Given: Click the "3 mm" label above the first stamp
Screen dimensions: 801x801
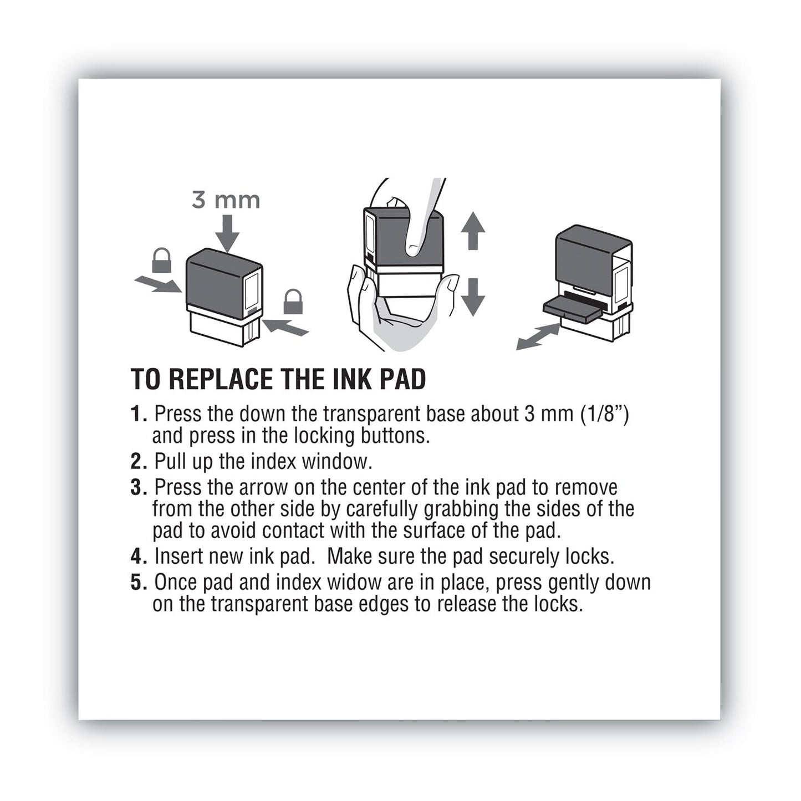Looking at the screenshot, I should tap(226, 200).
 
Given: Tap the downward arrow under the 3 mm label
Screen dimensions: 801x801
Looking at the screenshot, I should tap(227, 233).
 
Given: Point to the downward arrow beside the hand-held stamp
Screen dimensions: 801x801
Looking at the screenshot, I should tap(472, 297).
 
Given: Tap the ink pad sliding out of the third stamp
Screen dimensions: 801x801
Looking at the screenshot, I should tap(572, 308).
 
